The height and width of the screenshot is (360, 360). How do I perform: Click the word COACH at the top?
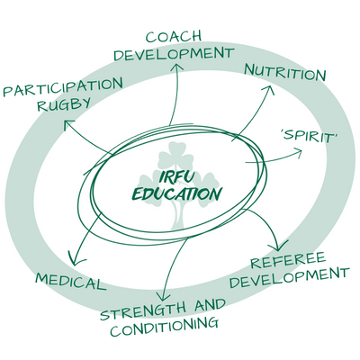[x=174, y=37]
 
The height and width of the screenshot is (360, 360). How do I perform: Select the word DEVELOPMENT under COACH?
[x=174, y=54]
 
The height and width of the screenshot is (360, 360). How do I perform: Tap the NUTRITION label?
[x=285, y=73]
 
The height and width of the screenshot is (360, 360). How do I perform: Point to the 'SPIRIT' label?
[x=310, y=137]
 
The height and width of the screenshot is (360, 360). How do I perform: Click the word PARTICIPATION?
[x=63, y=87]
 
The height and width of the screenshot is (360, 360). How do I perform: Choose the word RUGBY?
[x=64, y=104]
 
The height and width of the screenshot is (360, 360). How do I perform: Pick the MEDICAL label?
[x=71, y=282]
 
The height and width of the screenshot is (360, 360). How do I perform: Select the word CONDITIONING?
[x=164, y=327]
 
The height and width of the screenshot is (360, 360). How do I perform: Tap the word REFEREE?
[x=288, y=260]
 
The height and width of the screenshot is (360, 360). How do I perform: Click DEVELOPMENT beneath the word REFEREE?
[x=290, y=277]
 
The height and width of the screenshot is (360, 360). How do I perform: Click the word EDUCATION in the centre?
[x=177, y=193]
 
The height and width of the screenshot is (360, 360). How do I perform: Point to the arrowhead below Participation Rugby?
[x=68, y=124]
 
